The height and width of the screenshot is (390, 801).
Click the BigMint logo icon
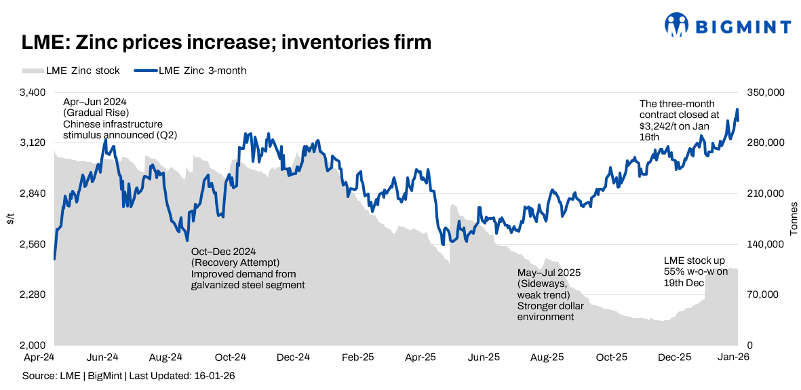pos(677,26)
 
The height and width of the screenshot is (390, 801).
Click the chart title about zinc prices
pos(227,42)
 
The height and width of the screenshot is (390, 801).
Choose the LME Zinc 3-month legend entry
pos(194,71)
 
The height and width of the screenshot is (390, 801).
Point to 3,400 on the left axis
pos(32,92)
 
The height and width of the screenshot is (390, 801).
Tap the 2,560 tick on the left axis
pos(32,244)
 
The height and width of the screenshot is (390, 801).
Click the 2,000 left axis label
pos(32,345)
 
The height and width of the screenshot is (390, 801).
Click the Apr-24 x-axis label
pos(39,357)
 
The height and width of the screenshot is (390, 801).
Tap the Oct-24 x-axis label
pos(230,357)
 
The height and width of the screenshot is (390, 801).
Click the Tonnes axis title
pos(794,218)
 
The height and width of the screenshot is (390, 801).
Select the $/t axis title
pos(10,218)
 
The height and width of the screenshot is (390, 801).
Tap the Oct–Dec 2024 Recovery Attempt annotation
pos(248,268)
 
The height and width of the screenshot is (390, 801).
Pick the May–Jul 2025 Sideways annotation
pos(549,294)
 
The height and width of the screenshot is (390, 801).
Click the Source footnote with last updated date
pos(129,375)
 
